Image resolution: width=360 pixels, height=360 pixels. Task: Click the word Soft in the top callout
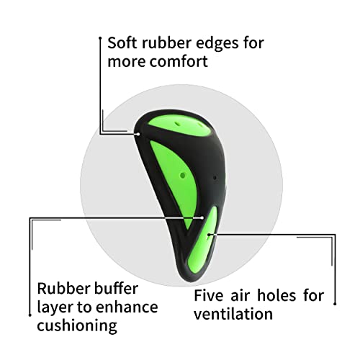click(x=122, y=43)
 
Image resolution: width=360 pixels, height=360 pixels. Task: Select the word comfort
click(x=179, y=61)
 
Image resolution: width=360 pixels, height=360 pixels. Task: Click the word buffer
click(x=116, y=288)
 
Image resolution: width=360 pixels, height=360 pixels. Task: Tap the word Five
click(x=209, y=295)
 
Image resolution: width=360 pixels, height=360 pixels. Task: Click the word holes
click(x=276, y=295)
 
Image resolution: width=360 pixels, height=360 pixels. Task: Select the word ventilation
click(x=233, y=314)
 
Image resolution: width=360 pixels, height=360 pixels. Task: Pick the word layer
click(x=55, y=308)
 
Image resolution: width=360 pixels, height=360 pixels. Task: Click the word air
click(x=240, y=295)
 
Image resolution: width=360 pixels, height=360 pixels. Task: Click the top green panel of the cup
click(x=179, y=125)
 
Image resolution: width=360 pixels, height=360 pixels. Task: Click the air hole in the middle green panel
click(x=183, y=176)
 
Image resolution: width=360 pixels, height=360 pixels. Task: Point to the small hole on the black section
click(x=215, y=178)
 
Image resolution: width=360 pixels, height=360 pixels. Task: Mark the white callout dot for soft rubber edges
click(x=138, y=134)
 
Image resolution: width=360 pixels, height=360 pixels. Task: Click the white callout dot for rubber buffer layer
click(x=202, y=218)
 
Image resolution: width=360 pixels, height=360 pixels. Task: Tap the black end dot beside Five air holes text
click(x=335, y=304)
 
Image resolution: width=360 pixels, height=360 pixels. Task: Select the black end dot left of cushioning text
click(x=30, y=315)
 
